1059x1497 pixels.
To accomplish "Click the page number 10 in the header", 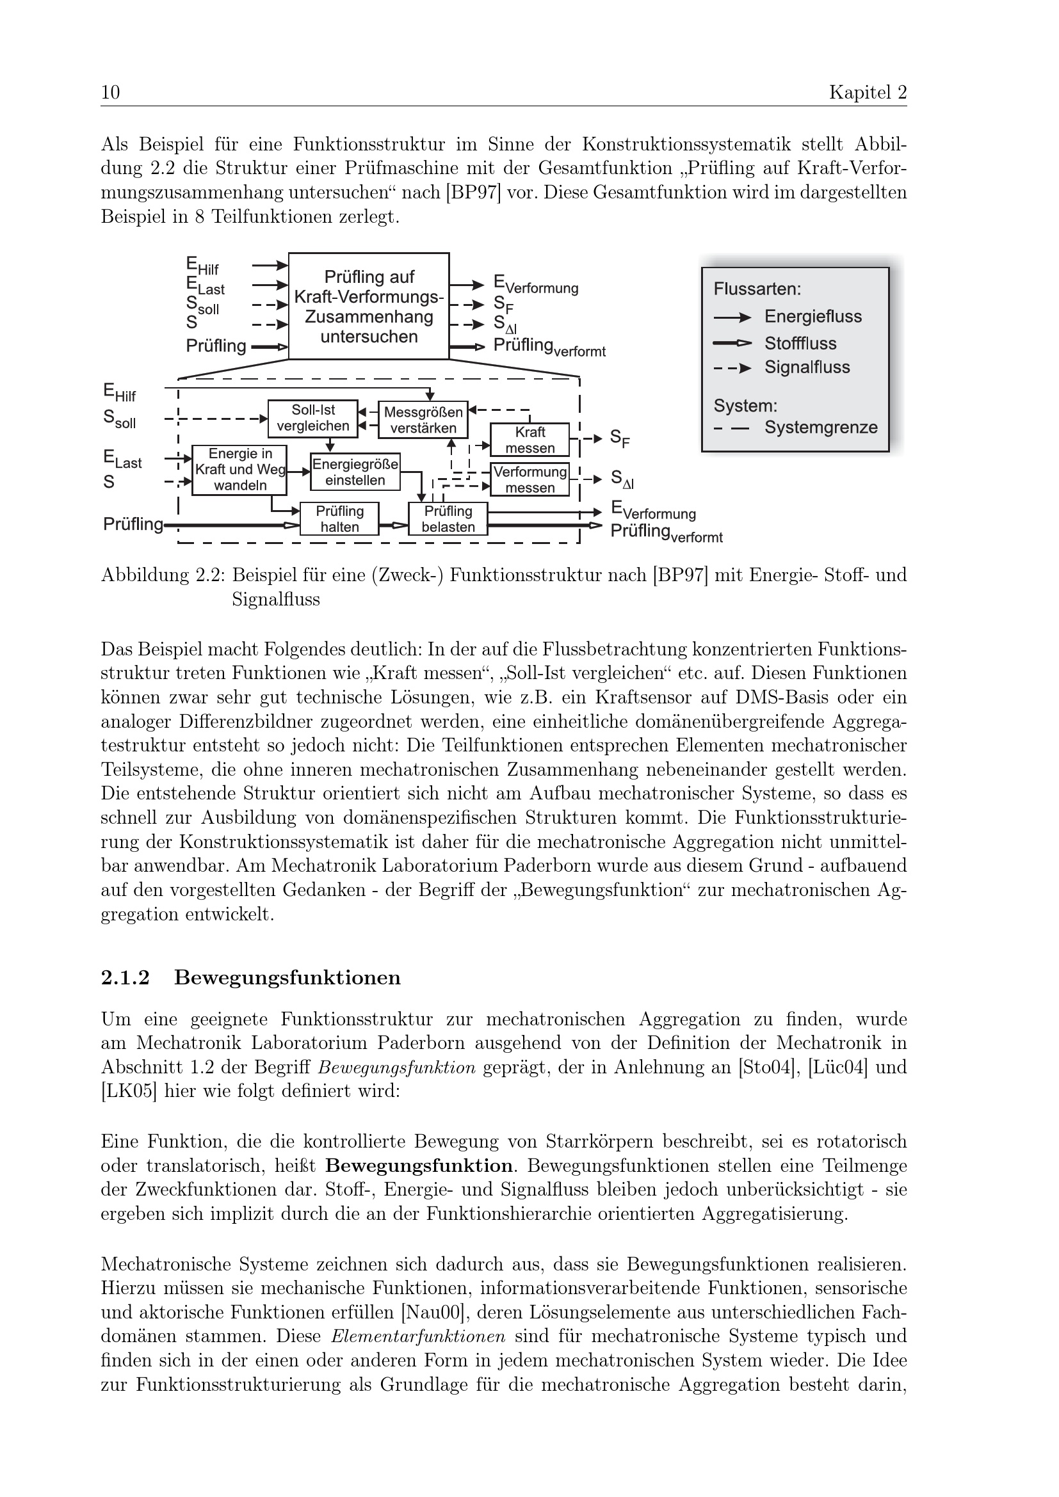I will point(110,93).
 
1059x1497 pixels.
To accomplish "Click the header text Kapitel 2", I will point(868,93).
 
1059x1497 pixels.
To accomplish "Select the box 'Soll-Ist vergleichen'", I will point(313,418).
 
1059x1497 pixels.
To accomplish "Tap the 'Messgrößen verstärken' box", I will point(423,420).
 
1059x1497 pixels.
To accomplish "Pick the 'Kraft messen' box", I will point(529,440).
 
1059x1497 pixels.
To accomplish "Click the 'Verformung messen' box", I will point(529,479).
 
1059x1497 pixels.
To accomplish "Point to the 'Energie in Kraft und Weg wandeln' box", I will point(239,469).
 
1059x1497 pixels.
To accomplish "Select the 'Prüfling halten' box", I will point(339,519).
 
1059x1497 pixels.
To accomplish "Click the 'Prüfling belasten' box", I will point(448,519).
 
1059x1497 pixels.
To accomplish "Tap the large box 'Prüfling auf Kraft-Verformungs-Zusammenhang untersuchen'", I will point(369,307).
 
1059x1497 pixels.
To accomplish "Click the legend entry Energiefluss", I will point(812,317).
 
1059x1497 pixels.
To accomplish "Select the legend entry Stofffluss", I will point(800,343).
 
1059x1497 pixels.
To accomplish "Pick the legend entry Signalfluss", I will point(807,367).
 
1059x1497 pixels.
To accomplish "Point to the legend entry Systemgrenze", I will point(820,428).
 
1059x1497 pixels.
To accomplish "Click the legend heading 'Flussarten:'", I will point(757,289).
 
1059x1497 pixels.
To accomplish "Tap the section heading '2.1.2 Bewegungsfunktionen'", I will point(251,978).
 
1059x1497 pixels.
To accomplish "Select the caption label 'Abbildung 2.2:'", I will point(163,575).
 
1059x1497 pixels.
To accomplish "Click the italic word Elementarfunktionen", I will point(418,1336).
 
